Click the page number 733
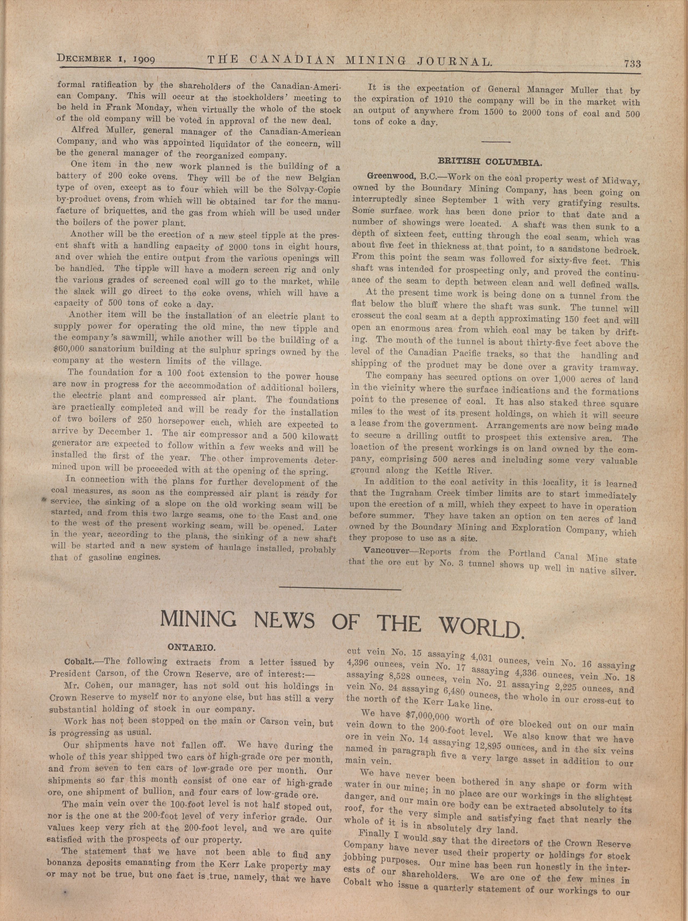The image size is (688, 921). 632,64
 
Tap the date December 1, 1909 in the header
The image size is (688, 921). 106,59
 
